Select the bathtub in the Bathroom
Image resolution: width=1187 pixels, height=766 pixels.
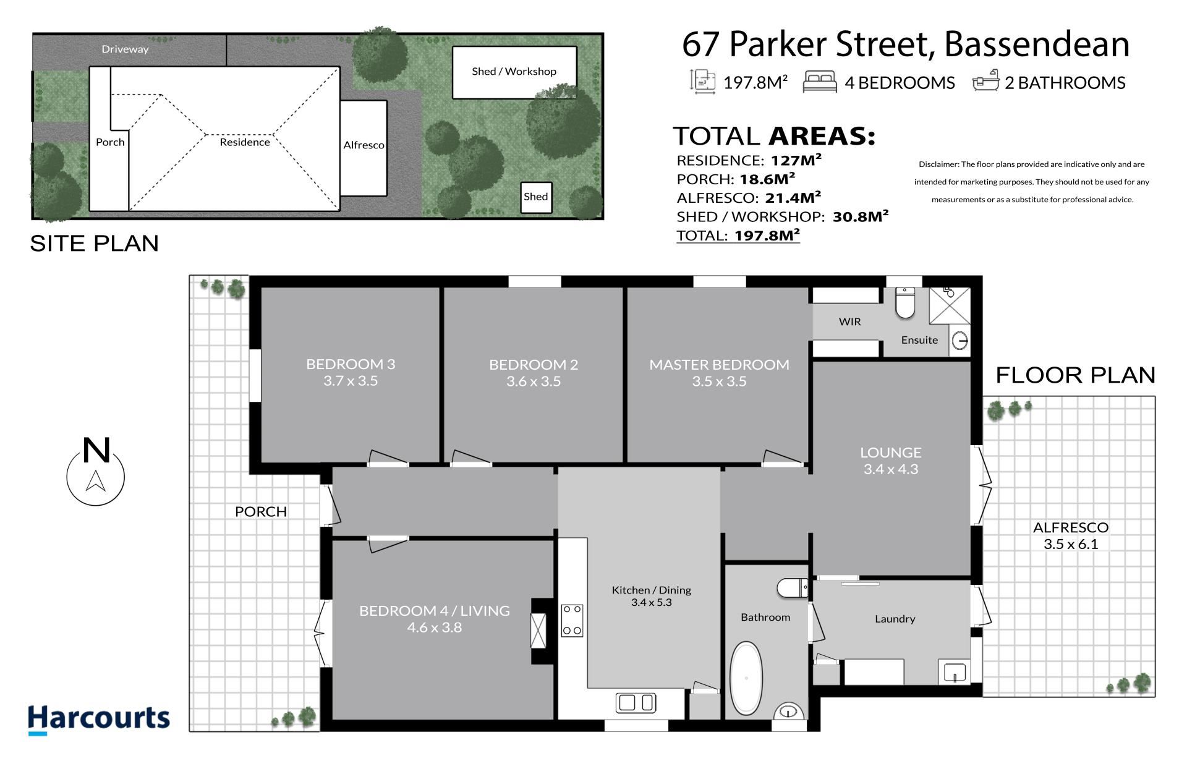746,679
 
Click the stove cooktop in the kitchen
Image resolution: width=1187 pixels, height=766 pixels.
572,620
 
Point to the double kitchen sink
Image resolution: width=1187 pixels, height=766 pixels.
636,703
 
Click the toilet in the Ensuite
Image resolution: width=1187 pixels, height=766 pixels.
905,302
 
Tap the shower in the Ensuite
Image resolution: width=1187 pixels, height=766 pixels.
950,305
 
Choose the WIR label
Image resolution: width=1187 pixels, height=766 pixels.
849,321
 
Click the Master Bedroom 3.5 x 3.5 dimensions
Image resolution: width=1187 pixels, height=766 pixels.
719,381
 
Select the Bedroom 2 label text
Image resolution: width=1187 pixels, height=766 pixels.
534,365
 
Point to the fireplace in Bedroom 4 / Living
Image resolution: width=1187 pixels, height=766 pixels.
538,631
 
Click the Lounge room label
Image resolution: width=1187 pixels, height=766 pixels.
890,453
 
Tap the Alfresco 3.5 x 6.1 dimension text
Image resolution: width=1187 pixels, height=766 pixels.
1071,544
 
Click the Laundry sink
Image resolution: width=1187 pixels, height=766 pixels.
955,672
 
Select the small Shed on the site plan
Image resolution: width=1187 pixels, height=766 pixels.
536,197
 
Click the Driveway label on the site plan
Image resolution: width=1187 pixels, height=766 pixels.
125,49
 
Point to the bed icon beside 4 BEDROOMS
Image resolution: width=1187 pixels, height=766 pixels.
820,82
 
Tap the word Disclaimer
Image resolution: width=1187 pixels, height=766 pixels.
938,164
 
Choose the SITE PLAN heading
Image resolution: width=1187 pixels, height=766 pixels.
95,244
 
